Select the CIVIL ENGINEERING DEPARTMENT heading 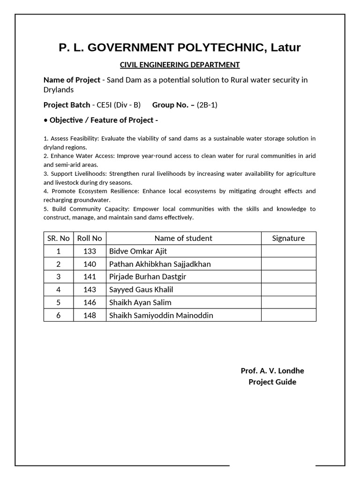pyautogui.click(x=180, y=65)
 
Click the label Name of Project pyautogui.click(x=72, y=80)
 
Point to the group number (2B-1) pyautogui.click(x=207, y=105)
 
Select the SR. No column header pyautogui.click(x=59, y=238)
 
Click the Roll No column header pyautogui.click(x=90, y=238)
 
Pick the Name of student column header pyautogui.click(x=183, y=238)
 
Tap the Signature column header pyautogui.click(x=288, y=238)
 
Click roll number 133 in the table pyautogui.click(x=90, y=251)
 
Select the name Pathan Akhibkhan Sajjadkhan pyautogui.click(x=160, y=264)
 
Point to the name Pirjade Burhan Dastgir pyautogui.click(x=148, y=277)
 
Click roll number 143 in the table pyautogui.click(x=90, y=290)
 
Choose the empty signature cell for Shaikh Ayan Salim pyautogui.click(x=288, y=302)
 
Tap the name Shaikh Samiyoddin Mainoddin pyautogui.click(x=161, y=315)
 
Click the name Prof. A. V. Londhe pyautogui.click(x=272, y=371)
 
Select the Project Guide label pyautogui.click(x=272, y=382)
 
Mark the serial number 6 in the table pyautogui.click(x=59, y=315)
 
